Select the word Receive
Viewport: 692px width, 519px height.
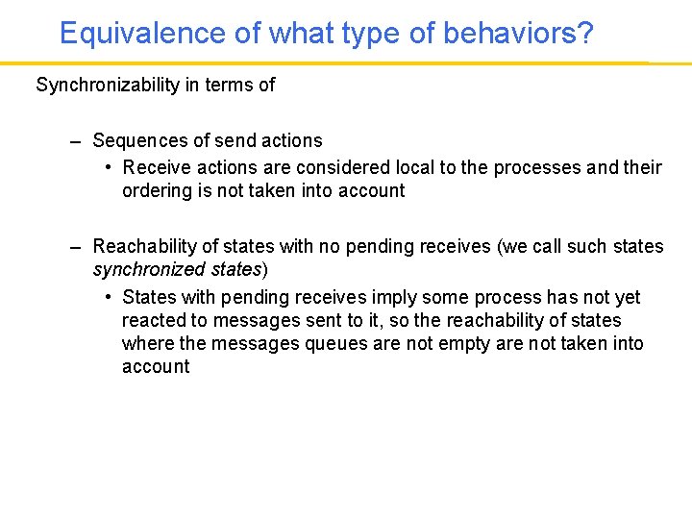(156, 167)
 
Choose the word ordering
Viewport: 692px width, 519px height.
(156, 190)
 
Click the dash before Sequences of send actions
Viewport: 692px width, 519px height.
(75, 140)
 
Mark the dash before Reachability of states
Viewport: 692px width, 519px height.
(75, 247)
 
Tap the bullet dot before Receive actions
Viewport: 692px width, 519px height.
(109, 167)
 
